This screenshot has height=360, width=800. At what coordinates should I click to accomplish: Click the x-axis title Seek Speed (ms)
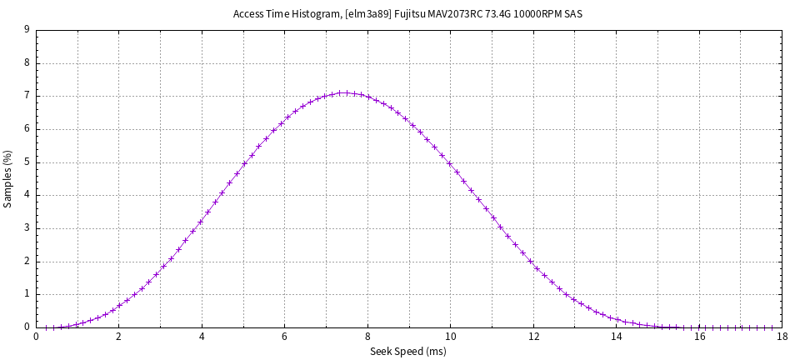(408, 352)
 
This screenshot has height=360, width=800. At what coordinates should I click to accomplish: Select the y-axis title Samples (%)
(8, 178)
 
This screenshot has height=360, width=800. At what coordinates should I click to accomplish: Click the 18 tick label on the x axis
(782, 337)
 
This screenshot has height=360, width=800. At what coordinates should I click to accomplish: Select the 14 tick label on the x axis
(616, 337)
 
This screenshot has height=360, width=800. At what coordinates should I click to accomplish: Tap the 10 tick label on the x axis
(450, 337)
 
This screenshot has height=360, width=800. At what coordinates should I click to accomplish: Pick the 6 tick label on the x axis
(284, 337)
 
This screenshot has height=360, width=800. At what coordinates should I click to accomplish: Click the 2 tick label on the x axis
(118, 337)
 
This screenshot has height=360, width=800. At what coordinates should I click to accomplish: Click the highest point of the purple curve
(345, 92)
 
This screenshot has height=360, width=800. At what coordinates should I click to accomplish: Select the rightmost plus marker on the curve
(772, 327)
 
